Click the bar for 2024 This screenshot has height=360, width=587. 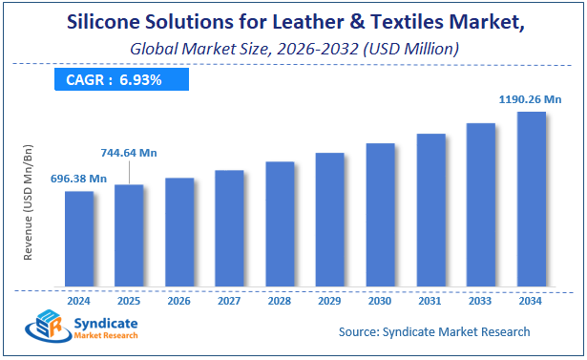point(79,239)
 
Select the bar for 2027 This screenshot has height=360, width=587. point(229,228)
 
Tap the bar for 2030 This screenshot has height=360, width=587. point(381,215)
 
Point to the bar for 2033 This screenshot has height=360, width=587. point(481,204)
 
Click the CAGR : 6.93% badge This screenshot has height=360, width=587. point(120,80)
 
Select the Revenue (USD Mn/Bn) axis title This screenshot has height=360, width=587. point(30,203)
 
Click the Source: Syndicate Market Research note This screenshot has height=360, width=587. point(434,331)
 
